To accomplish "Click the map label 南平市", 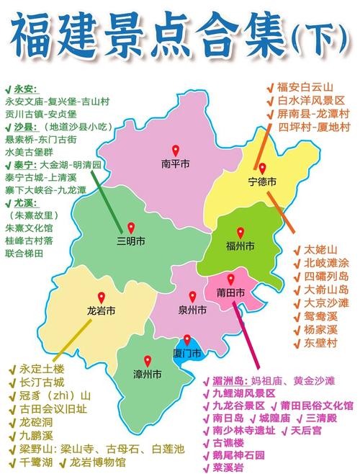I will (x=175, y=164).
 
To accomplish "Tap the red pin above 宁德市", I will (x=263, y=168).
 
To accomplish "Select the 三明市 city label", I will (x=131, y=240).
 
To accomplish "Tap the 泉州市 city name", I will (x=192, y=310).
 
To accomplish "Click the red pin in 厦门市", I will (x=187, y=339).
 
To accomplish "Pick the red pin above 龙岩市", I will (x=102, y=297).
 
